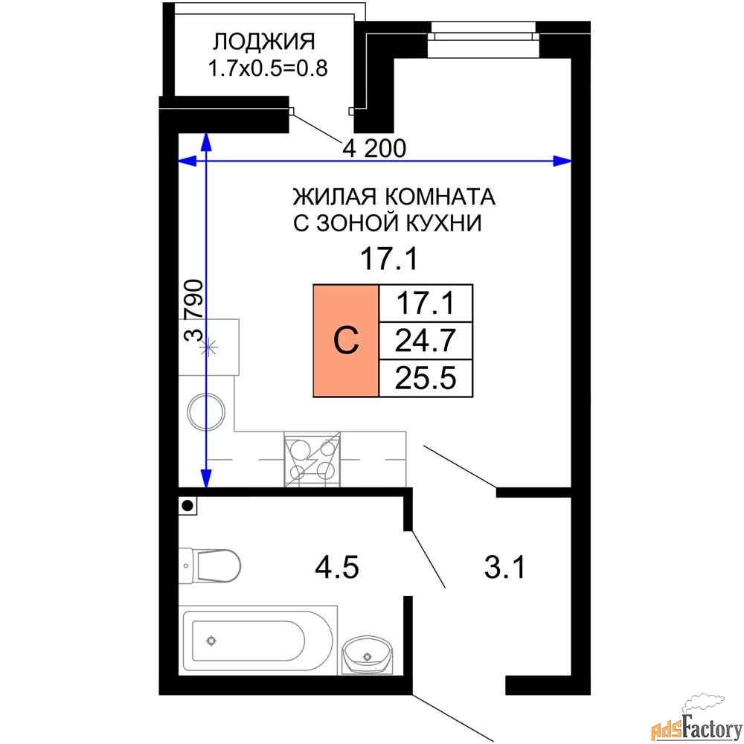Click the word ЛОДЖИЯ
pyautogui.click(x=263, y=42)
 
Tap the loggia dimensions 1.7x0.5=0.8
pyautogui.click(x=268, y=68)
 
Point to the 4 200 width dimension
pyautogui.click(x=374, y=149)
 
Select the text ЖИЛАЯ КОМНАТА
pyautogui.click(x=394, y=196)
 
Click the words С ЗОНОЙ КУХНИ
pyautogui.click(x=387, y=223)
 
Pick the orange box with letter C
pyautogui.click(x=346, y=340)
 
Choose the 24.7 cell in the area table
pyautogui.click(x=426, y=340)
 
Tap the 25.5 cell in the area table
pyautogui.click(x=426, y=378)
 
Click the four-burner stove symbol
pyautogui.click(x=312, y=459)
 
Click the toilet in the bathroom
pyautogui.click(x=210, y=565)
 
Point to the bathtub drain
pyautogui.click(x=211, y=641)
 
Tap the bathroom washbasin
pyautogui.click(x=368, y=655)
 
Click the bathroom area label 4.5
pyautogui.click(x=337, y=568)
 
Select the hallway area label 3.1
pyautogui.click(x=505, y=568)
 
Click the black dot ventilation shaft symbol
pyautogui.click(x=188, y=506)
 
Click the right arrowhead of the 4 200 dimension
pyautogui.click(x=562, y=161)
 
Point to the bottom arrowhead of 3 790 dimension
pyautogui.click(x=206, y=478)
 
